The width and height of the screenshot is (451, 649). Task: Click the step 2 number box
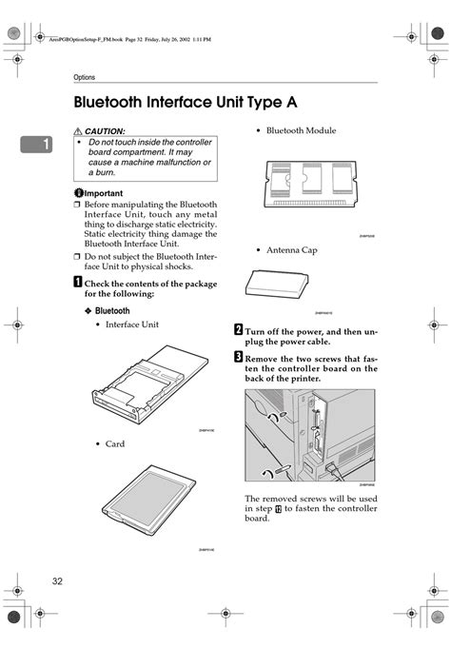238,330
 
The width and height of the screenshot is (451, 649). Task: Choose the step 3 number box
238,357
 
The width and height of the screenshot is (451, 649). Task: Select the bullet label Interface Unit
131,324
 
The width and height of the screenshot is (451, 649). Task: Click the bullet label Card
114,444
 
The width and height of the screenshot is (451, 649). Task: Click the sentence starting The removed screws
310,508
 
